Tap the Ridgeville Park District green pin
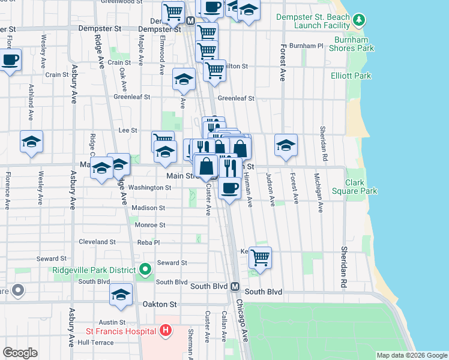[144, 271]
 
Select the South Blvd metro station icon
[235, 286]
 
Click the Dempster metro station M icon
[190, 20]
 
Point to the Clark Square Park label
[361, 187]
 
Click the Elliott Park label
[351, 76]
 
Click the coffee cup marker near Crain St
[10, 60]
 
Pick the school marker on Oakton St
[121, 295]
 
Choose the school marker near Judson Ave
[286, 144]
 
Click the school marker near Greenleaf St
[184, 79]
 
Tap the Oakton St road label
[160, 304]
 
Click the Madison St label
[149, 208]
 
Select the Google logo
[20, 353]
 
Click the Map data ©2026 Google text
[411, 355]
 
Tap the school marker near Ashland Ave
[31, 142]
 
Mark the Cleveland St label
[97, 242]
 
